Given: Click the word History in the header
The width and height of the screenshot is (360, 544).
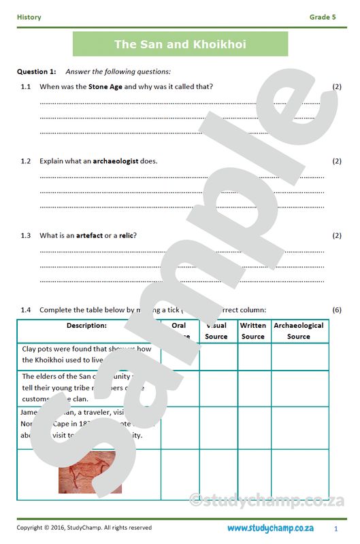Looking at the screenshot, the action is point(29,17).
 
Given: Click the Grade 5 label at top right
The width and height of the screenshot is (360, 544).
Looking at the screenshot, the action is point(323,17).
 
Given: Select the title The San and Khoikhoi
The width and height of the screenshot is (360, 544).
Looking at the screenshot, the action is point(180,44).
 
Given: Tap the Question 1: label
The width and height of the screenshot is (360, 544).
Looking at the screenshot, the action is point(36,71).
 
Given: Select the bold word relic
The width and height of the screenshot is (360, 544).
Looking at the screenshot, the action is point(126,235).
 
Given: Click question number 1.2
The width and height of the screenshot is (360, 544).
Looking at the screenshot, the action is point(26,161).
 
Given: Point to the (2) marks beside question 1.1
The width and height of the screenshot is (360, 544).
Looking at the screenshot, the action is point(336,86).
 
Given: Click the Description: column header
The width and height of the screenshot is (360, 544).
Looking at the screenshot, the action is point(87,326).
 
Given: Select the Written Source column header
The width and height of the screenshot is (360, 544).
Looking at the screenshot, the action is point(253,330).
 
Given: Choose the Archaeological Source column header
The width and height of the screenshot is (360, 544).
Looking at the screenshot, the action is point(299,330).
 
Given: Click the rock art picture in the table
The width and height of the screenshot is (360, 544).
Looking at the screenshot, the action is point(91,472).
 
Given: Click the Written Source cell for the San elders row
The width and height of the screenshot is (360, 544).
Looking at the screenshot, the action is point(254,388).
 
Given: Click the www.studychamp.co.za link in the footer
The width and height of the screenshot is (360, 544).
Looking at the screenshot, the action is point(270,528).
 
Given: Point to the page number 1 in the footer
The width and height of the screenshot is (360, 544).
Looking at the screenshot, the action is point(336,528).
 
